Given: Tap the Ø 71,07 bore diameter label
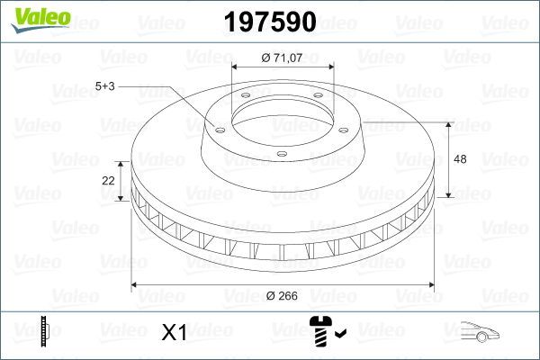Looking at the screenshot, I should pos(282,58).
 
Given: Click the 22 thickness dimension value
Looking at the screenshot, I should pos(109,180).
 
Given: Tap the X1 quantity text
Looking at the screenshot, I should pos(173,333).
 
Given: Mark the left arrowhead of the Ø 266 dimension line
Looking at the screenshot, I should pos(136,284).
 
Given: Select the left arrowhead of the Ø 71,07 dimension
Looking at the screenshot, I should pos(235,67).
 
